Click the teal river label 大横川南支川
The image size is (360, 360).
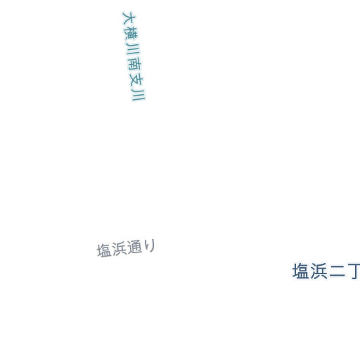134,56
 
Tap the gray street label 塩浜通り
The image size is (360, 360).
126,248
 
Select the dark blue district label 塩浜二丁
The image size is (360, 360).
326,271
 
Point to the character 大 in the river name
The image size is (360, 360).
129,18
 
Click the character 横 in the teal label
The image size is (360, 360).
131,33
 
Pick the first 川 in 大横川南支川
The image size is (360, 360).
133,49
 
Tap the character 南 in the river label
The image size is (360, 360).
135,63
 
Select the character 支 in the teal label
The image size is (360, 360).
136,79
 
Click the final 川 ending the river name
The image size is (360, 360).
139,95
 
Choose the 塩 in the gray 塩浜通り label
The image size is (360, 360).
104,250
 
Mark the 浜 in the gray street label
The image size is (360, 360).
119,249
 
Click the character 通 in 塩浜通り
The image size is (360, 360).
134,247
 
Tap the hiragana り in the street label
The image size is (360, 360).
150,245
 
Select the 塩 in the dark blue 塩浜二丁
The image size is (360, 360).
301,271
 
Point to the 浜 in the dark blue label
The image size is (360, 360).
319,271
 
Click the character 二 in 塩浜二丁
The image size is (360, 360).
337,271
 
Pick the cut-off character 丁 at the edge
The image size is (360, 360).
354,271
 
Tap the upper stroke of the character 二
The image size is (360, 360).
337,266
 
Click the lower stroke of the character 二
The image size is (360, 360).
337,276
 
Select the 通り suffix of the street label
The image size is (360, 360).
141,247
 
